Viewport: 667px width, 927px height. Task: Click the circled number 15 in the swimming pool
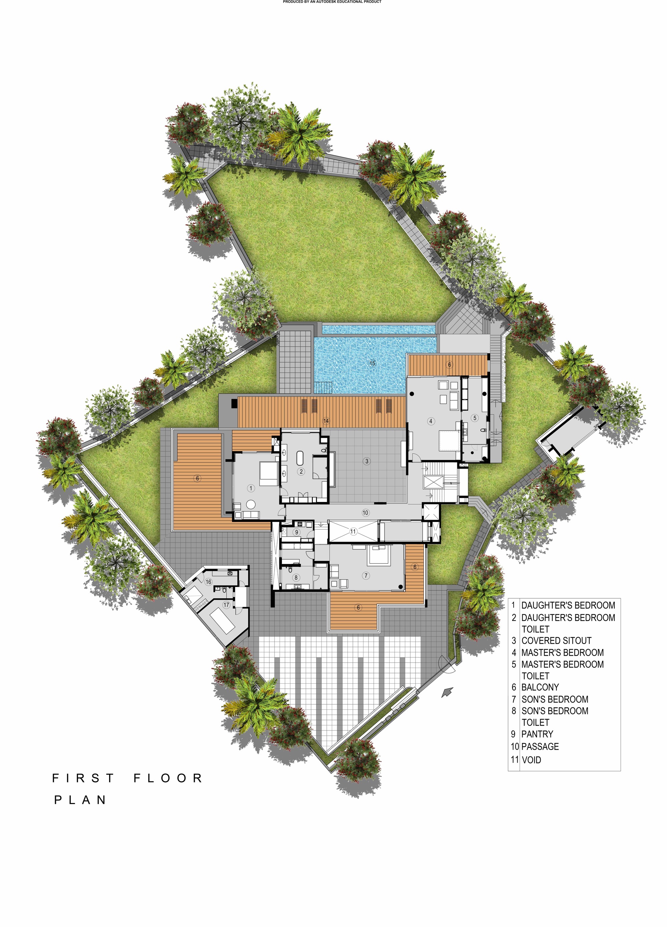(372, 363)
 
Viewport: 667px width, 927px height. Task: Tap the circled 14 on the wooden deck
(326, 421)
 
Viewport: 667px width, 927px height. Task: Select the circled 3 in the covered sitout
(367, 461)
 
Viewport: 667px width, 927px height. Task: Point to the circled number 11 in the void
(353, 531)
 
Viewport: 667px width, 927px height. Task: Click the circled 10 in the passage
(366, 513)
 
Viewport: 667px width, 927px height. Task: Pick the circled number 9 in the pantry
(297, 532)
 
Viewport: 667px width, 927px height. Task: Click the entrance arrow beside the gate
(448, 692)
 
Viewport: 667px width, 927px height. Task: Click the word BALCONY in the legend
(540, 687)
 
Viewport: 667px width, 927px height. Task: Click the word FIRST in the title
(83, 778)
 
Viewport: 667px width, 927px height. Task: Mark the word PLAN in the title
(81, 800)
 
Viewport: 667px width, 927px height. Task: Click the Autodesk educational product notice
(332, 2)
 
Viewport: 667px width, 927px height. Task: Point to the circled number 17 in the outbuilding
(226, 605)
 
